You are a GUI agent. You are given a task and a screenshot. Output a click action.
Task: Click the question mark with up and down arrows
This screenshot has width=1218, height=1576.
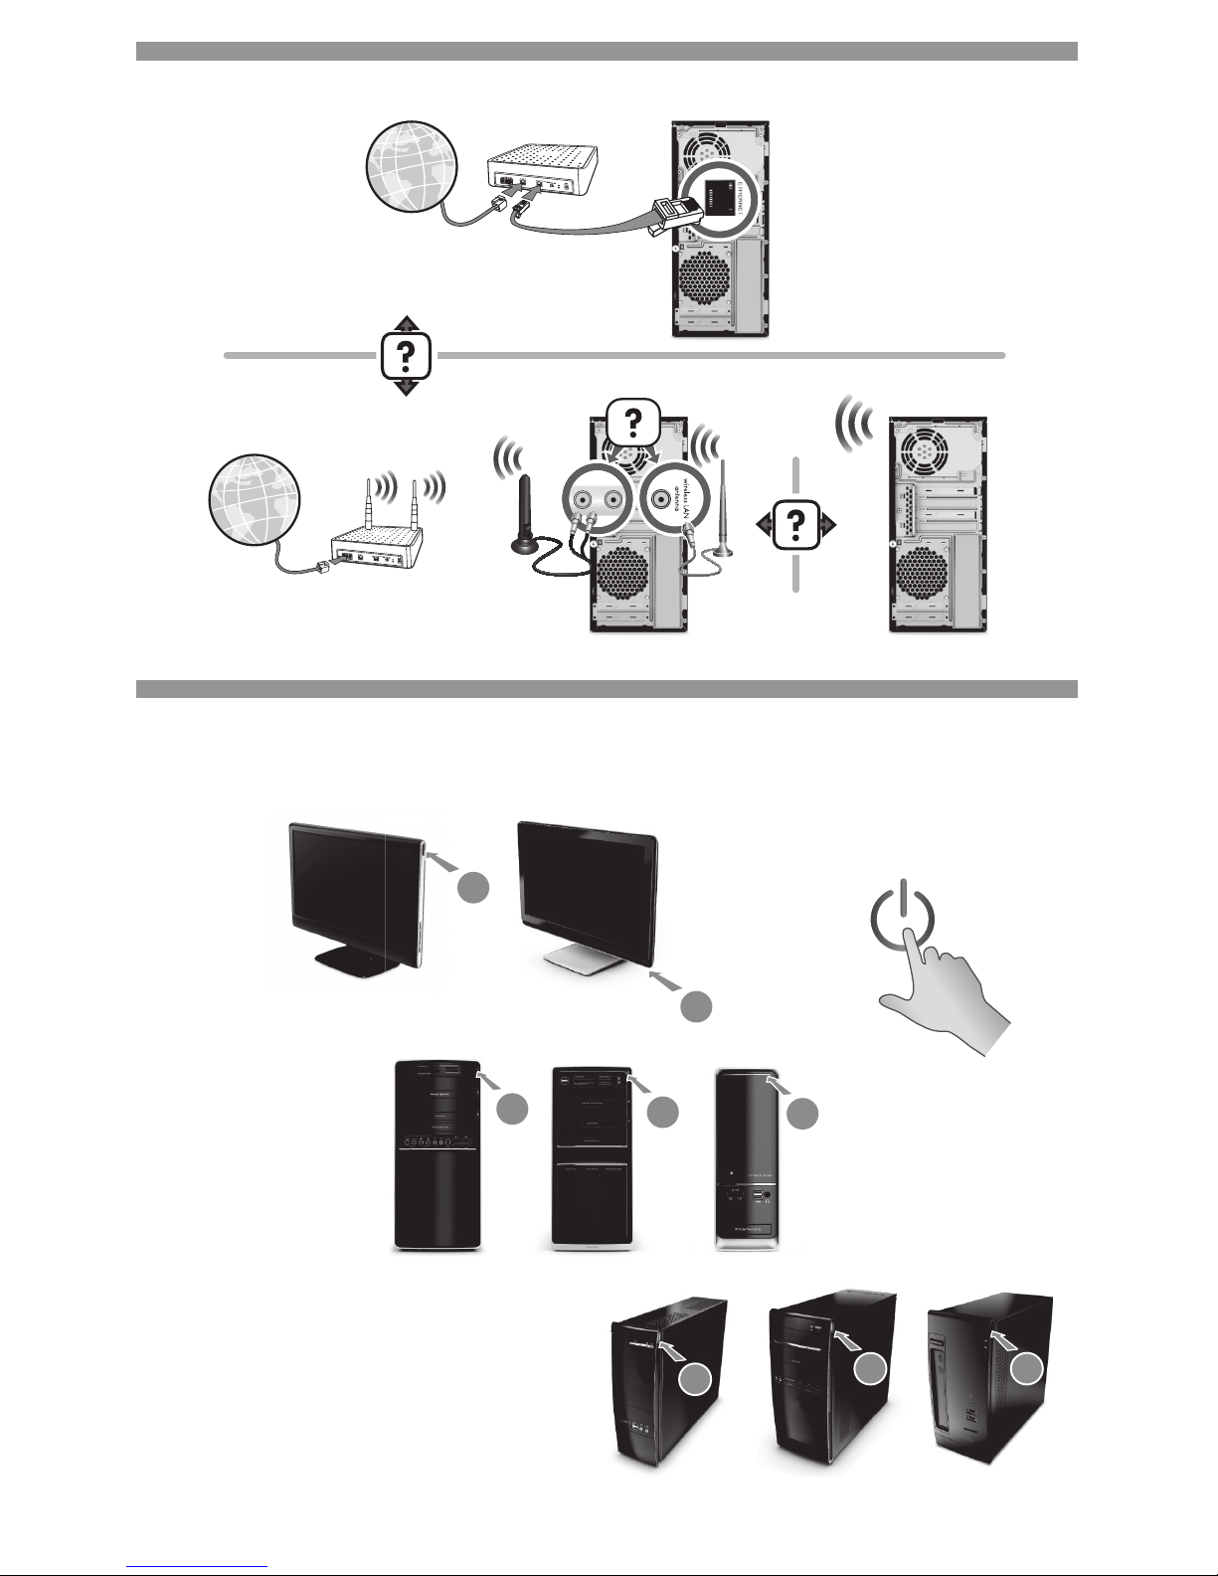point(406,355)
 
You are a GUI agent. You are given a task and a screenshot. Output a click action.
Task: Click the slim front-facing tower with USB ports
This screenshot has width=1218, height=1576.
point(760,1158)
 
